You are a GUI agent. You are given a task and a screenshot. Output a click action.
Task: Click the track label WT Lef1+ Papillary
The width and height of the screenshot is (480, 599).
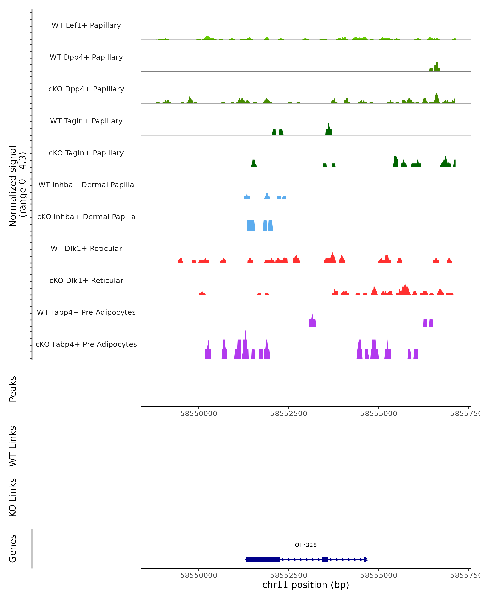click(86, 25)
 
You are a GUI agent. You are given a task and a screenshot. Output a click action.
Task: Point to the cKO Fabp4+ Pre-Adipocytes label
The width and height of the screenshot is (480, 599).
click(86, 344)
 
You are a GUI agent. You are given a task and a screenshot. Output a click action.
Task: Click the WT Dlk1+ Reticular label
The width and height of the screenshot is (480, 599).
click(86, 248)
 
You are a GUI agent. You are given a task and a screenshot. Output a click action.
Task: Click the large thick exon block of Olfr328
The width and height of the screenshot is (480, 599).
click(263, 559)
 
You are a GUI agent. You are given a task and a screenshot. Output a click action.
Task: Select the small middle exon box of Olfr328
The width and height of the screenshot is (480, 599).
click(325, 559)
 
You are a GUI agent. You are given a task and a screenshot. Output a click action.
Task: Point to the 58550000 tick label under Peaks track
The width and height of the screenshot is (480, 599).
click(199, 414)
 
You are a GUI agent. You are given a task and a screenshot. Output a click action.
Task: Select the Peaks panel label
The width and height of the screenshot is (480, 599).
click(13, 389)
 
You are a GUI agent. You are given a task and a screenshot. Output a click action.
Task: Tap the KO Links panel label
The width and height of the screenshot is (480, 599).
click(13, 497)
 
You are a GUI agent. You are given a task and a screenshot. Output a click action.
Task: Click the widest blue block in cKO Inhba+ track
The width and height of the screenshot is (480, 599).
click(251, 226)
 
